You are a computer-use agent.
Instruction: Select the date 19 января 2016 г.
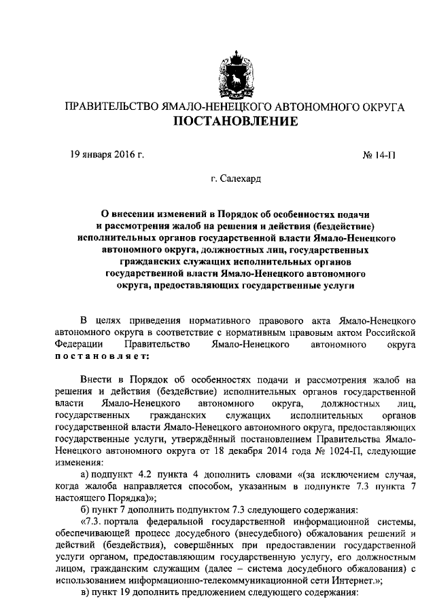[x=107, y=155]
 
